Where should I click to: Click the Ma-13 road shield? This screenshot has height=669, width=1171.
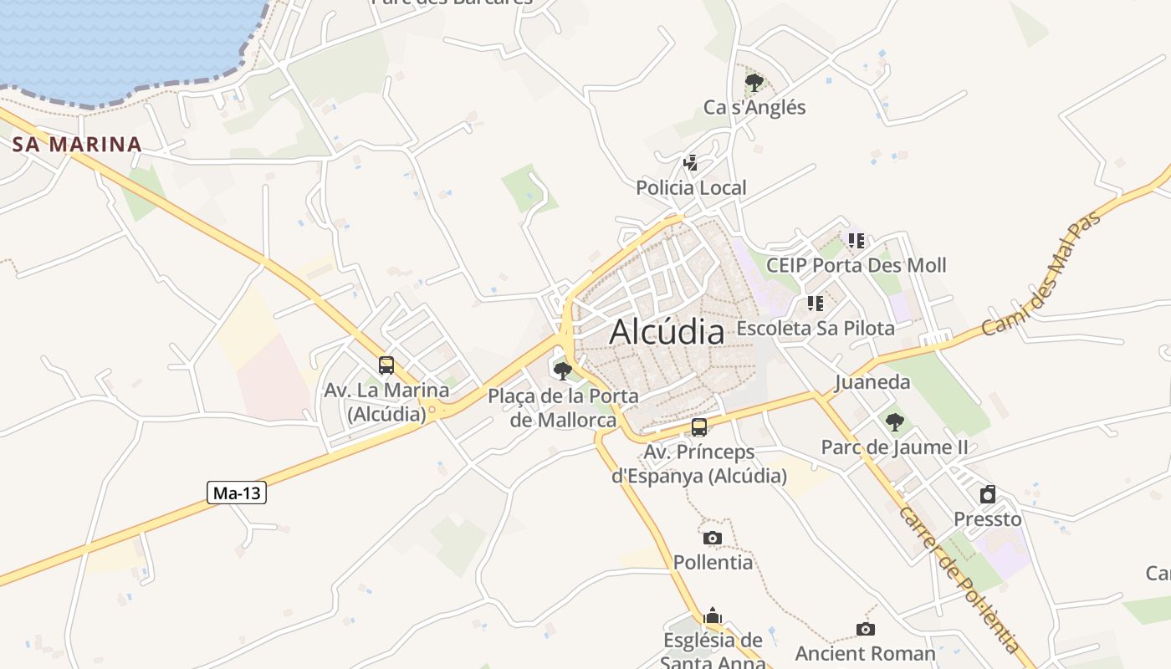pos(237,493)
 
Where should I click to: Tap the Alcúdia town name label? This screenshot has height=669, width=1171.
pos(667,332)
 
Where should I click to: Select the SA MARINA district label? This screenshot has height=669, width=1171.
pos(77,144)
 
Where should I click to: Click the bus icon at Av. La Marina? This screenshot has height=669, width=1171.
pos(386,365)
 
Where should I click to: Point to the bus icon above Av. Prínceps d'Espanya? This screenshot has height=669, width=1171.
pos(698,427)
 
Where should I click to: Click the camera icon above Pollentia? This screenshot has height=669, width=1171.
pos(713,538)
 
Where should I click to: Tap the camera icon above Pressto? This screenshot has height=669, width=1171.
pos(988,494)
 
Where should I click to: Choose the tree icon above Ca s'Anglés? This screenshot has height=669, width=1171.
pos(754,82)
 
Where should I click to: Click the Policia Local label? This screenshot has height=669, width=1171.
pos(691,187)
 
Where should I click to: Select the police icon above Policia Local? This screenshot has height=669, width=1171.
pos(691,162)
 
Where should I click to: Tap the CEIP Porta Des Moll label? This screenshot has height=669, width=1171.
pos(857,265)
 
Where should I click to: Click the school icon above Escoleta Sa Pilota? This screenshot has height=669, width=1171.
pos(816,303)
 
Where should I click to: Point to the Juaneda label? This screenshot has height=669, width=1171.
pos(872,382)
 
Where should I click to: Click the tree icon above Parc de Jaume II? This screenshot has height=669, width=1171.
pos(895,421)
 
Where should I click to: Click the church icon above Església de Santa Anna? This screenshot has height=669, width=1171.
pos(713,616)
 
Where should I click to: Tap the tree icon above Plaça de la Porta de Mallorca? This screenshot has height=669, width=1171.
pos(563,370)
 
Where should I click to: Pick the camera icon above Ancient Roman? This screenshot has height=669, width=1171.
pos(866,629)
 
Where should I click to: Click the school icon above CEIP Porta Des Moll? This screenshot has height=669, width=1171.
pos(856,241)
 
